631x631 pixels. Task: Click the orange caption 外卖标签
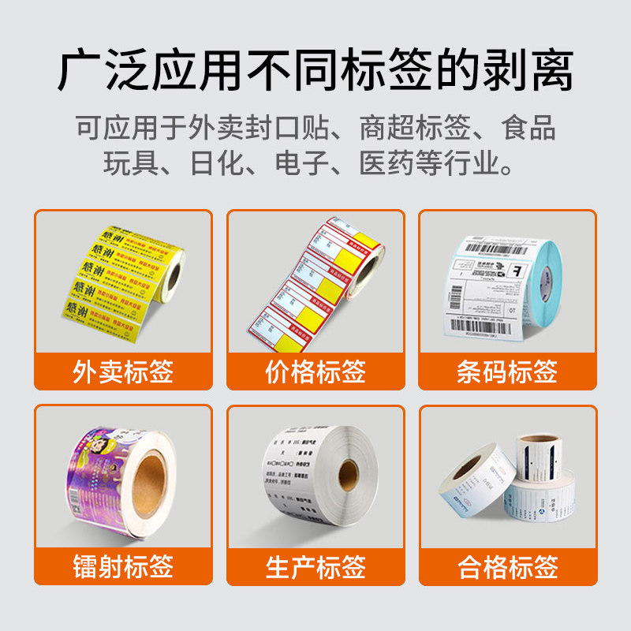coord(123,371)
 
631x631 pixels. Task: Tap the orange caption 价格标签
coord(315,371)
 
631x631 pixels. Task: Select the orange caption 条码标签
coord(507,371)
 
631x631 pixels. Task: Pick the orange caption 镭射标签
coord(123,566)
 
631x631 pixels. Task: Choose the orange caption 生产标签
coord(315,566)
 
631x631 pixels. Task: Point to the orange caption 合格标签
coord(507,566)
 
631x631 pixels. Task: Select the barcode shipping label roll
coord(505,284)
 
